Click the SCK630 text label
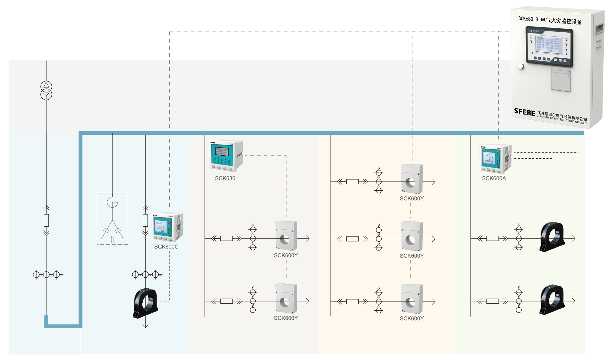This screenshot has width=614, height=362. (225, 178)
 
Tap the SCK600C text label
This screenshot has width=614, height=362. (166, 247)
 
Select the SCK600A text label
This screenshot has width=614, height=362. (494, 178)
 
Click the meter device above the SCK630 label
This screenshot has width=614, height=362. (226, 155)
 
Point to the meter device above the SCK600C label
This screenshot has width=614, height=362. (167, 227)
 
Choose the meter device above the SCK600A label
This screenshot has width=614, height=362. (496, 158)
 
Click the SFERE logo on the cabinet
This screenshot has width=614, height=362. (525, 112)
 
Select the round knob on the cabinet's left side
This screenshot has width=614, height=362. (521, 66)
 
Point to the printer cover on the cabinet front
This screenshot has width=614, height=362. (561, 80)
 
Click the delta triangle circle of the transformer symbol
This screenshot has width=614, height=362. (46, 86)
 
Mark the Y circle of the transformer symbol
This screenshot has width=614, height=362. (46, 95)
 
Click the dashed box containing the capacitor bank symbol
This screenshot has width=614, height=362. (112, 219)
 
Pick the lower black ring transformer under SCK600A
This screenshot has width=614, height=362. (552, 299)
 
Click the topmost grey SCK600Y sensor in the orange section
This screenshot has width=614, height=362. (412, 179)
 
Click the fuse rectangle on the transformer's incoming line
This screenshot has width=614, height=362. (46, 220)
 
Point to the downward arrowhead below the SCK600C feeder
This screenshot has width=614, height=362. (145, 325)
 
